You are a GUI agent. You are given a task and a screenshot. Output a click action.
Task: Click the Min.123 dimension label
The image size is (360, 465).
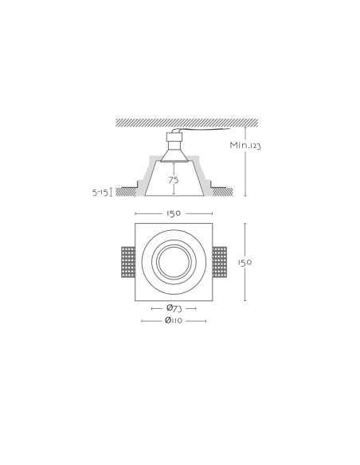tap(245, 145)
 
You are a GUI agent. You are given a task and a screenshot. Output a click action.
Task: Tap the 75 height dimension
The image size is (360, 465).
tap(174, 180)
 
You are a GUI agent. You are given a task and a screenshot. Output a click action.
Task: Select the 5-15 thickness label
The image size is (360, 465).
tap(100, 193)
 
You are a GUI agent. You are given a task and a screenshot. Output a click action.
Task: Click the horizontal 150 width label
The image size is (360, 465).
tap(174, 213)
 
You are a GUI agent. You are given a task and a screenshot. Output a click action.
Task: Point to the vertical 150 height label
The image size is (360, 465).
tap(245, 263)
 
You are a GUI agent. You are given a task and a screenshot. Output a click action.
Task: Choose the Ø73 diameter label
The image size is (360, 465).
tap(174, 308)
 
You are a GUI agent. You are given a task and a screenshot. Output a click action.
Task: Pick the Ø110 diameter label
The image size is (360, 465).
tap(174, 321)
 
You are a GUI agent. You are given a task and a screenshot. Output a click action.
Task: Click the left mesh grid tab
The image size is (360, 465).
tap(128, 262)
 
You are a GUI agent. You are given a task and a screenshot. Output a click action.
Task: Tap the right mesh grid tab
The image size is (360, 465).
tap(220, 262)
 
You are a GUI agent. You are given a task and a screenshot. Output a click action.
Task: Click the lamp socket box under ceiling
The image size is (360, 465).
tap(174, 137)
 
